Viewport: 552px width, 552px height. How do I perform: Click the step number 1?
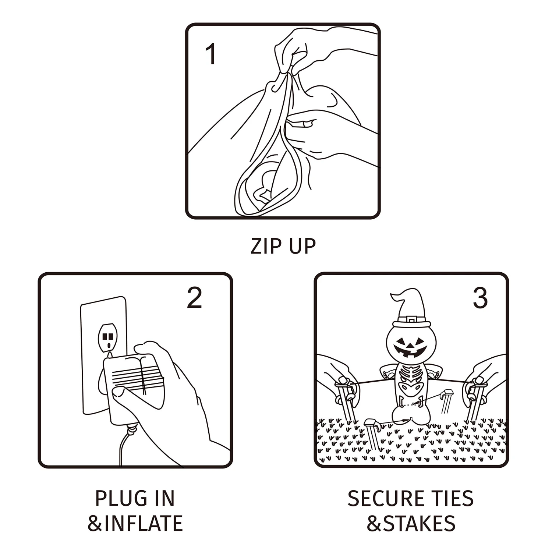211,54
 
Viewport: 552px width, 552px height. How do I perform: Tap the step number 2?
194,298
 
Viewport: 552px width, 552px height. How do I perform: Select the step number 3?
480,298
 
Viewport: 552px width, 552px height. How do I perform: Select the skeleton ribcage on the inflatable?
409,375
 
